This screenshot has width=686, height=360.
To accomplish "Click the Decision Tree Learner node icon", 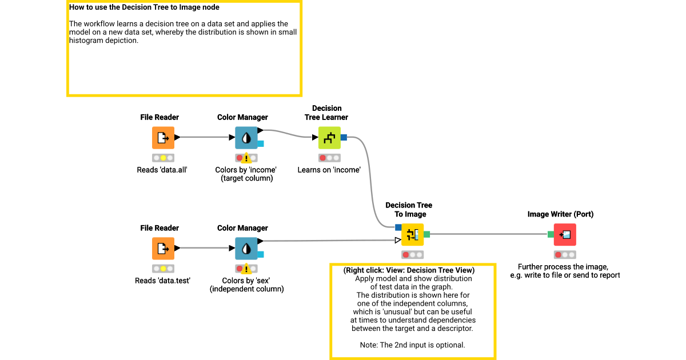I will tap(329, 138).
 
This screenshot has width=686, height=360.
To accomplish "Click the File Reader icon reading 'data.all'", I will tap(163, 138).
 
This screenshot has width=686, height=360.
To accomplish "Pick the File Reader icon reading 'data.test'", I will tap(163, 249).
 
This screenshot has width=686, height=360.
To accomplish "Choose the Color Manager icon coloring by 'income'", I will tap(246, 138).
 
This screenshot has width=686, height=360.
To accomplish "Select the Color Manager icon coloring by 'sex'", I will tap(246, 249).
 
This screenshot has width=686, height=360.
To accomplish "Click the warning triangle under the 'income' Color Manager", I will tap(246, 159).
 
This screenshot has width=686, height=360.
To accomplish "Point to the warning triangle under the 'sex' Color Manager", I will tap(246, 269).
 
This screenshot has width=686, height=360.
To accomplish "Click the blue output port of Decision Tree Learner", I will tap(344, 137).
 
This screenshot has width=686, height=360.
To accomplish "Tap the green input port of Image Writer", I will tap(551, 234).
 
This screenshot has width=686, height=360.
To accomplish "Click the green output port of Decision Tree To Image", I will tap(426, 234).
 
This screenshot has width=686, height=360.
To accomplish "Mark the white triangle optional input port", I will tap(398, 241).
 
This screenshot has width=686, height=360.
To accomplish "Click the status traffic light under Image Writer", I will tap(565, 255).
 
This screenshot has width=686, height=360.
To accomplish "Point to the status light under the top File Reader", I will tap(163, 158).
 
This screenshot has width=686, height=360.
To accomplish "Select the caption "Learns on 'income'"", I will tap(329, 170).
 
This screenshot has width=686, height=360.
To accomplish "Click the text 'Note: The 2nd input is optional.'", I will tap(412, 345).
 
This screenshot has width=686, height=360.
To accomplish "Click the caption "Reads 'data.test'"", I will tap(162, 281).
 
